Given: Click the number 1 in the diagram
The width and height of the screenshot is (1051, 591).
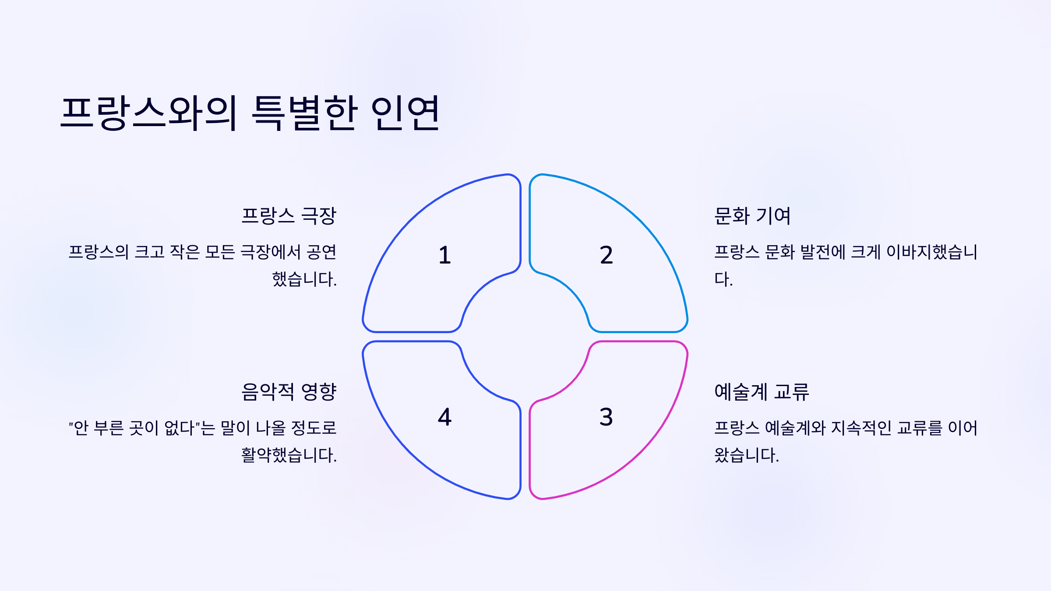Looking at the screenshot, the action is (x=444, y=255).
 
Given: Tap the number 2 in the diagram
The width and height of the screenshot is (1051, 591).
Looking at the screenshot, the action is (x=606, y=255).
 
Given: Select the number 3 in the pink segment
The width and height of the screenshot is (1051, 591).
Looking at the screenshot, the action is (x=606, y=417).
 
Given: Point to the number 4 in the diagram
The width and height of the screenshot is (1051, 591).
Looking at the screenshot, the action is (x=444, y=417).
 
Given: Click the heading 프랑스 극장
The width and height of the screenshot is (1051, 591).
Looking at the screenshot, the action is (x=289, y=216).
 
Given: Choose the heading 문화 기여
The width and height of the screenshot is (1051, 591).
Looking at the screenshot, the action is (x=752, y=216).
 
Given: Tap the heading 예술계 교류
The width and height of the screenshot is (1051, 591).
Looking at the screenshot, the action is (x=762, y=392).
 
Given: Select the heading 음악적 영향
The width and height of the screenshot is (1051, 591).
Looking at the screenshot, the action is (x=289, y=392).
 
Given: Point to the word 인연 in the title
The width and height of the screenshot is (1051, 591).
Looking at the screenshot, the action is (x=405, y=113).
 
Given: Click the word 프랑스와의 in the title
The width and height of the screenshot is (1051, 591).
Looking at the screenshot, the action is (x=149, y=113).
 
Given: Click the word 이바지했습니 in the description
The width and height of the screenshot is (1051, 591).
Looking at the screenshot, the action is (x=932, y=252).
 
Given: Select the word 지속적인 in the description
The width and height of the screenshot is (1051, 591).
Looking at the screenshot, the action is (x=861, y=428).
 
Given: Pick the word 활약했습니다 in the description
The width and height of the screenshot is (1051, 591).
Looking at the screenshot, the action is (x=289, y=455).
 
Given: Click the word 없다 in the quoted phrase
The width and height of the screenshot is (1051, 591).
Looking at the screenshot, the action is (x=179, y=428).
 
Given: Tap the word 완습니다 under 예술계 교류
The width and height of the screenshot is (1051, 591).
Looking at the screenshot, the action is (x=746, y=455).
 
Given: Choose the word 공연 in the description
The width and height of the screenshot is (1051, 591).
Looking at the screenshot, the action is (x=321, y=252).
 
